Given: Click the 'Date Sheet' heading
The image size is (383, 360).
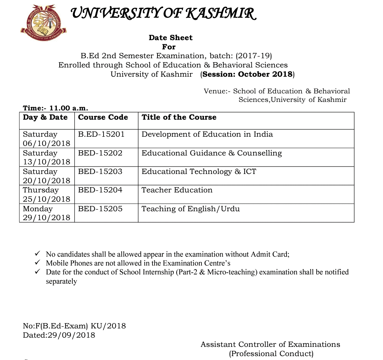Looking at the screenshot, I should [171, 38].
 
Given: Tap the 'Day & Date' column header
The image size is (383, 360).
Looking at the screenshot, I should [45, 117].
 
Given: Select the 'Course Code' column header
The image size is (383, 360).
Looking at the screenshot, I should [103, 117].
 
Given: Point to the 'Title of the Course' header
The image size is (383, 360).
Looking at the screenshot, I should [179, 117].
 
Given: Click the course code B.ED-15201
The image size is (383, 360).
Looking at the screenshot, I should [101, 134].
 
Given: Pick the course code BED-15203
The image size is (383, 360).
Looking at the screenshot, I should [100, 171].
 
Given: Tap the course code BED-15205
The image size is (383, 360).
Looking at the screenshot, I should [100, 209].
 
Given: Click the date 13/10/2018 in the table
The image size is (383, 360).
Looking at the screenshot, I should [46, 162].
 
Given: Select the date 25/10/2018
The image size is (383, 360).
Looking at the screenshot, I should [46, 199].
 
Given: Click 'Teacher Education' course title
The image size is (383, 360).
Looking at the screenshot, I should [177, 190].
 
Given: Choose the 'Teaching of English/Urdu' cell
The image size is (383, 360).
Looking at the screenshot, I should [190, 209].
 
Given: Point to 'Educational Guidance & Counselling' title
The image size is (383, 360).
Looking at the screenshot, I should [211, 153].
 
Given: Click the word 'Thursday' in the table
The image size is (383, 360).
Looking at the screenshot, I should [40, 190].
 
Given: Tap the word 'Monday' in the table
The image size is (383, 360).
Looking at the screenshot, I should [38, 209].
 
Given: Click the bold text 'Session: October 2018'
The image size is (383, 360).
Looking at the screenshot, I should [247, 74].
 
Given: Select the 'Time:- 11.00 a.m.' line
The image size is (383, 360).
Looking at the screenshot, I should [55, 108].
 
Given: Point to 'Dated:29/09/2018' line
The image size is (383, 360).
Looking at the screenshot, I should [59, 335].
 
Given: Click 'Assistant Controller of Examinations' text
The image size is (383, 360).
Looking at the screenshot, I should [270, 344].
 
